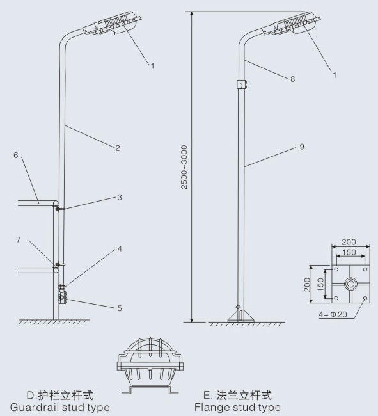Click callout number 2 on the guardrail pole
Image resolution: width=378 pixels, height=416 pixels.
[118, 148]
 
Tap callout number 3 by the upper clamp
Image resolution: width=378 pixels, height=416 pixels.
[120, 197]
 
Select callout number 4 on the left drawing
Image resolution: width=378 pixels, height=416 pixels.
[120, 248]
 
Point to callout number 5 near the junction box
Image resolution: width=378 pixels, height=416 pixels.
[120, 308]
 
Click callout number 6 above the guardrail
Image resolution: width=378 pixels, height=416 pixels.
[16, 156]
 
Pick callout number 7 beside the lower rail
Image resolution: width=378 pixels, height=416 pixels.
[19, 240]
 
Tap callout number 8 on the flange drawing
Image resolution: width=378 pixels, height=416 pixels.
[293, 79]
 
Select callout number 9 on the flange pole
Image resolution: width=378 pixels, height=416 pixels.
[302, 147]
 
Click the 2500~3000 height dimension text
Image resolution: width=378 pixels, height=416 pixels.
[184, 167]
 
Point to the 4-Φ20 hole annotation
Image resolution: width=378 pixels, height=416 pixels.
[333, 314]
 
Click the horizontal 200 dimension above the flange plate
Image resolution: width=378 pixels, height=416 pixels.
[349, 242]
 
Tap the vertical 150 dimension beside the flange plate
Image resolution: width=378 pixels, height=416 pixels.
[320, 284]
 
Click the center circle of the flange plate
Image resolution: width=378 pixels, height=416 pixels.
[350, 284]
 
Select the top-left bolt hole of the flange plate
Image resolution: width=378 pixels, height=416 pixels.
[336, 269]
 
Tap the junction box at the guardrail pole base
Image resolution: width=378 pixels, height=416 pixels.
[63, 298]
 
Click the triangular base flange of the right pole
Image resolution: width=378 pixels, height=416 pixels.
[241, 316]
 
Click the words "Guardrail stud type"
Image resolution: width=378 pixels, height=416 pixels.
[60, 407]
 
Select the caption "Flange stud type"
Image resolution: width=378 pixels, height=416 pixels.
[237, 407]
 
